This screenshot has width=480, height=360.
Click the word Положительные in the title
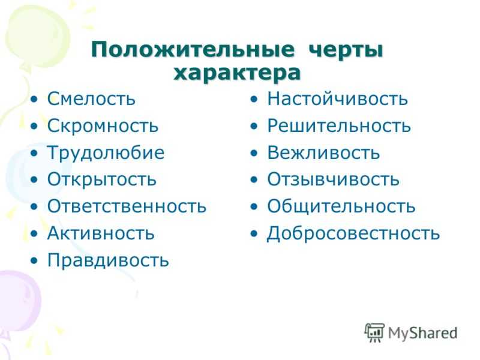pyautogui.click(x=193, y=50)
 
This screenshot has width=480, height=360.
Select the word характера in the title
pyautogui.click(x=237, y=73)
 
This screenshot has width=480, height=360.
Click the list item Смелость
pyautogui.click(x=91, y=98)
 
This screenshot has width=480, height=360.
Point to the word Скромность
pyautogui.click(x=103, y=125)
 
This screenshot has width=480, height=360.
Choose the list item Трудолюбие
pyautogui.click(x=106, y=152)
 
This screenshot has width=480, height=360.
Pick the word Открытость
pyautogui.click(x=101, y=179)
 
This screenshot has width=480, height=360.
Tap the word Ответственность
pyautogui.click(x=127, y=206)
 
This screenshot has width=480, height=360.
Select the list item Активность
pyautogui.click(x=101, y=233)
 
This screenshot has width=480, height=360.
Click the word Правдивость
pyautogui.click(x=108, y=260)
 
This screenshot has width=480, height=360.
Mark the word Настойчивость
pyautogui.click(x=338, y=98)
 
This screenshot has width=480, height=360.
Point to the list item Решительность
pyautogui.click(x=339, y=125)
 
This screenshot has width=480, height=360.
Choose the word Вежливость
pyautogui.click(x=323, y=152)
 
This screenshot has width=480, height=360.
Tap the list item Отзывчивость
pyautogui.click(x=334, y=179)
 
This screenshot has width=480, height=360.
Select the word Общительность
pyautogui.click(x=341, y=206)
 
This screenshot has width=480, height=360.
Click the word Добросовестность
pyautogui.click(x=353, y=233)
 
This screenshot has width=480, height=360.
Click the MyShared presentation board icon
pyautogui.click(x=374, y=332)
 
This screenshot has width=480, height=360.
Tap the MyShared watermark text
pyautogui.click(x=423, y=333)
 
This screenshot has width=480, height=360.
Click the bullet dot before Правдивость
pyautogui.click(x=34, y=260)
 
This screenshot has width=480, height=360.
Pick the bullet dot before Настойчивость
pyautogui.click(x=254, y=100)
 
